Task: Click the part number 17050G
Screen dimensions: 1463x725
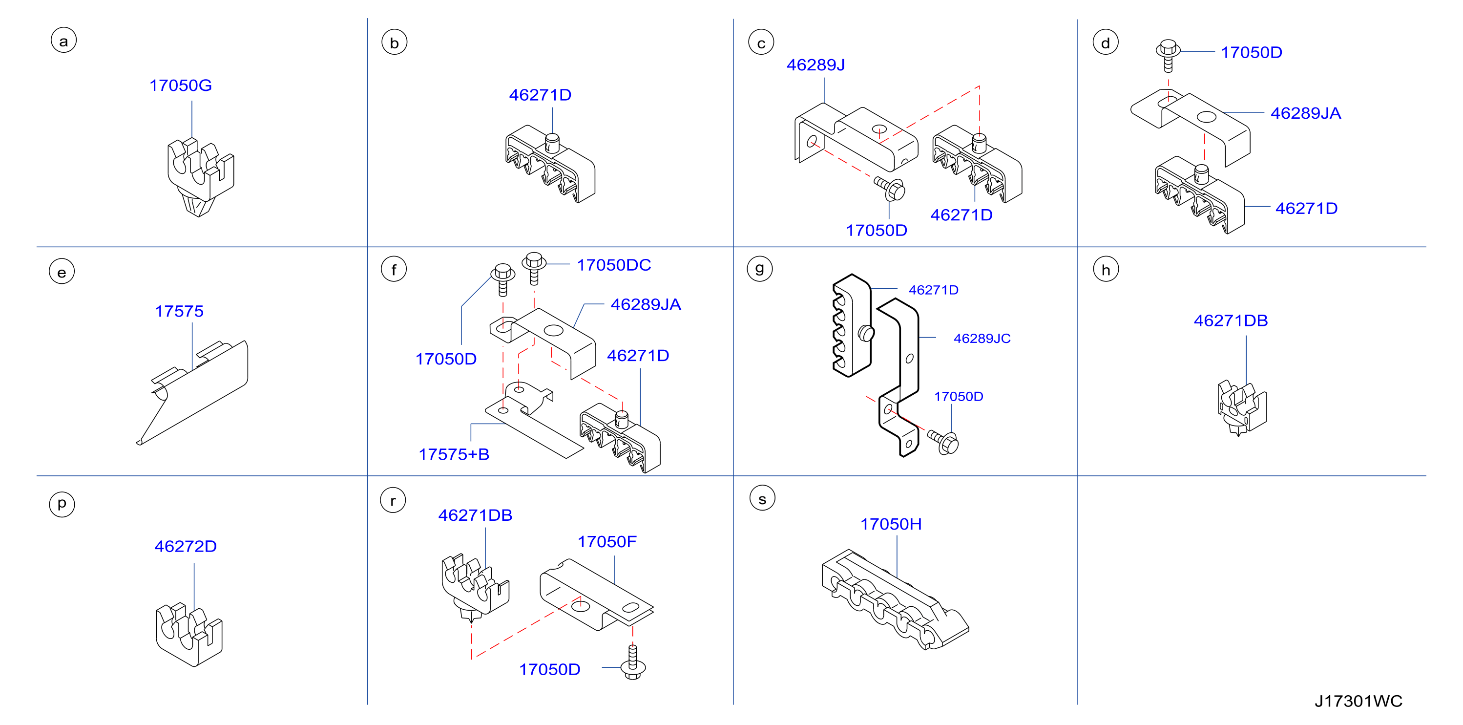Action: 181,85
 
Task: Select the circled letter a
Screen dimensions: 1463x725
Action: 63,41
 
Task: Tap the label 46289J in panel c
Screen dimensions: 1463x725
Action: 815,65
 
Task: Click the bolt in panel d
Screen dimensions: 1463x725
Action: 1168,55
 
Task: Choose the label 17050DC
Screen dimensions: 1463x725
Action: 614,265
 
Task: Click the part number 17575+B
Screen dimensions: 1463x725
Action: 454,454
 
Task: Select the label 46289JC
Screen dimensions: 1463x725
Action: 982,339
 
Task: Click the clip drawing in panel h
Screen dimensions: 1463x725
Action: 1242,407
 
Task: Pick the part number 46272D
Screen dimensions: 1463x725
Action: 186,547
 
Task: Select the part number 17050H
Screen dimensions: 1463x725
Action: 891,524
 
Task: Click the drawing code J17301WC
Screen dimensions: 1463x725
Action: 1358,701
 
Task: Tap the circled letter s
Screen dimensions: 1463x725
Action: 762,498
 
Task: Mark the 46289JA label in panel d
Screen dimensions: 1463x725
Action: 1306,113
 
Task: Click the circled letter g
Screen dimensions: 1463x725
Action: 760,268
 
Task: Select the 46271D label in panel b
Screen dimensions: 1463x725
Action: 540,95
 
